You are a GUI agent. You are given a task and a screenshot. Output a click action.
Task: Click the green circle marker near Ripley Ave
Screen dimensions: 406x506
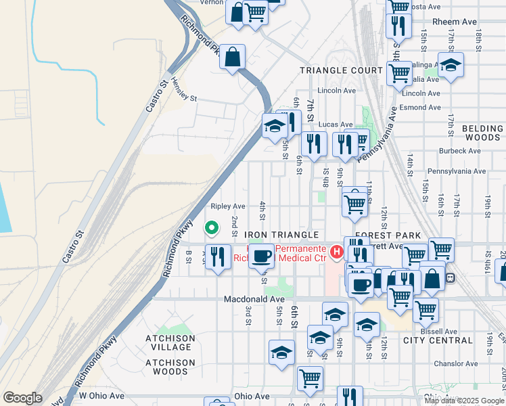[211, 229]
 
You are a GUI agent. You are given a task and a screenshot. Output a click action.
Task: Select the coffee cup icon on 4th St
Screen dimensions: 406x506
[262, 256]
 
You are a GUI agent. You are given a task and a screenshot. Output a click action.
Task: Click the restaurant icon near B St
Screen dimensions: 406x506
[217, 256]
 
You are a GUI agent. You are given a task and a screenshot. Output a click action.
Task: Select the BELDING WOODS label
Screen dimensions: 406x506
[483, 133]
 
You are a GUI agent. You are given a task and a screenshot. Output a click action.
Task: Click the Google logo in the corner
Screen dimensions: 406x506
[22, 397]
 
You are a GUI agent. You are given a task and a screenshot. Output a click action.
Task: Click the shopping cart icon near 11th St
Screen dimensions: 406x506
[354, 202]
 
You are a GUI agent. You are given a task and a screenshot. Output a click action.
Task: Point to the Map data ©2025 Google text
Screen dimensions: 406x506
[464, 401]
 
